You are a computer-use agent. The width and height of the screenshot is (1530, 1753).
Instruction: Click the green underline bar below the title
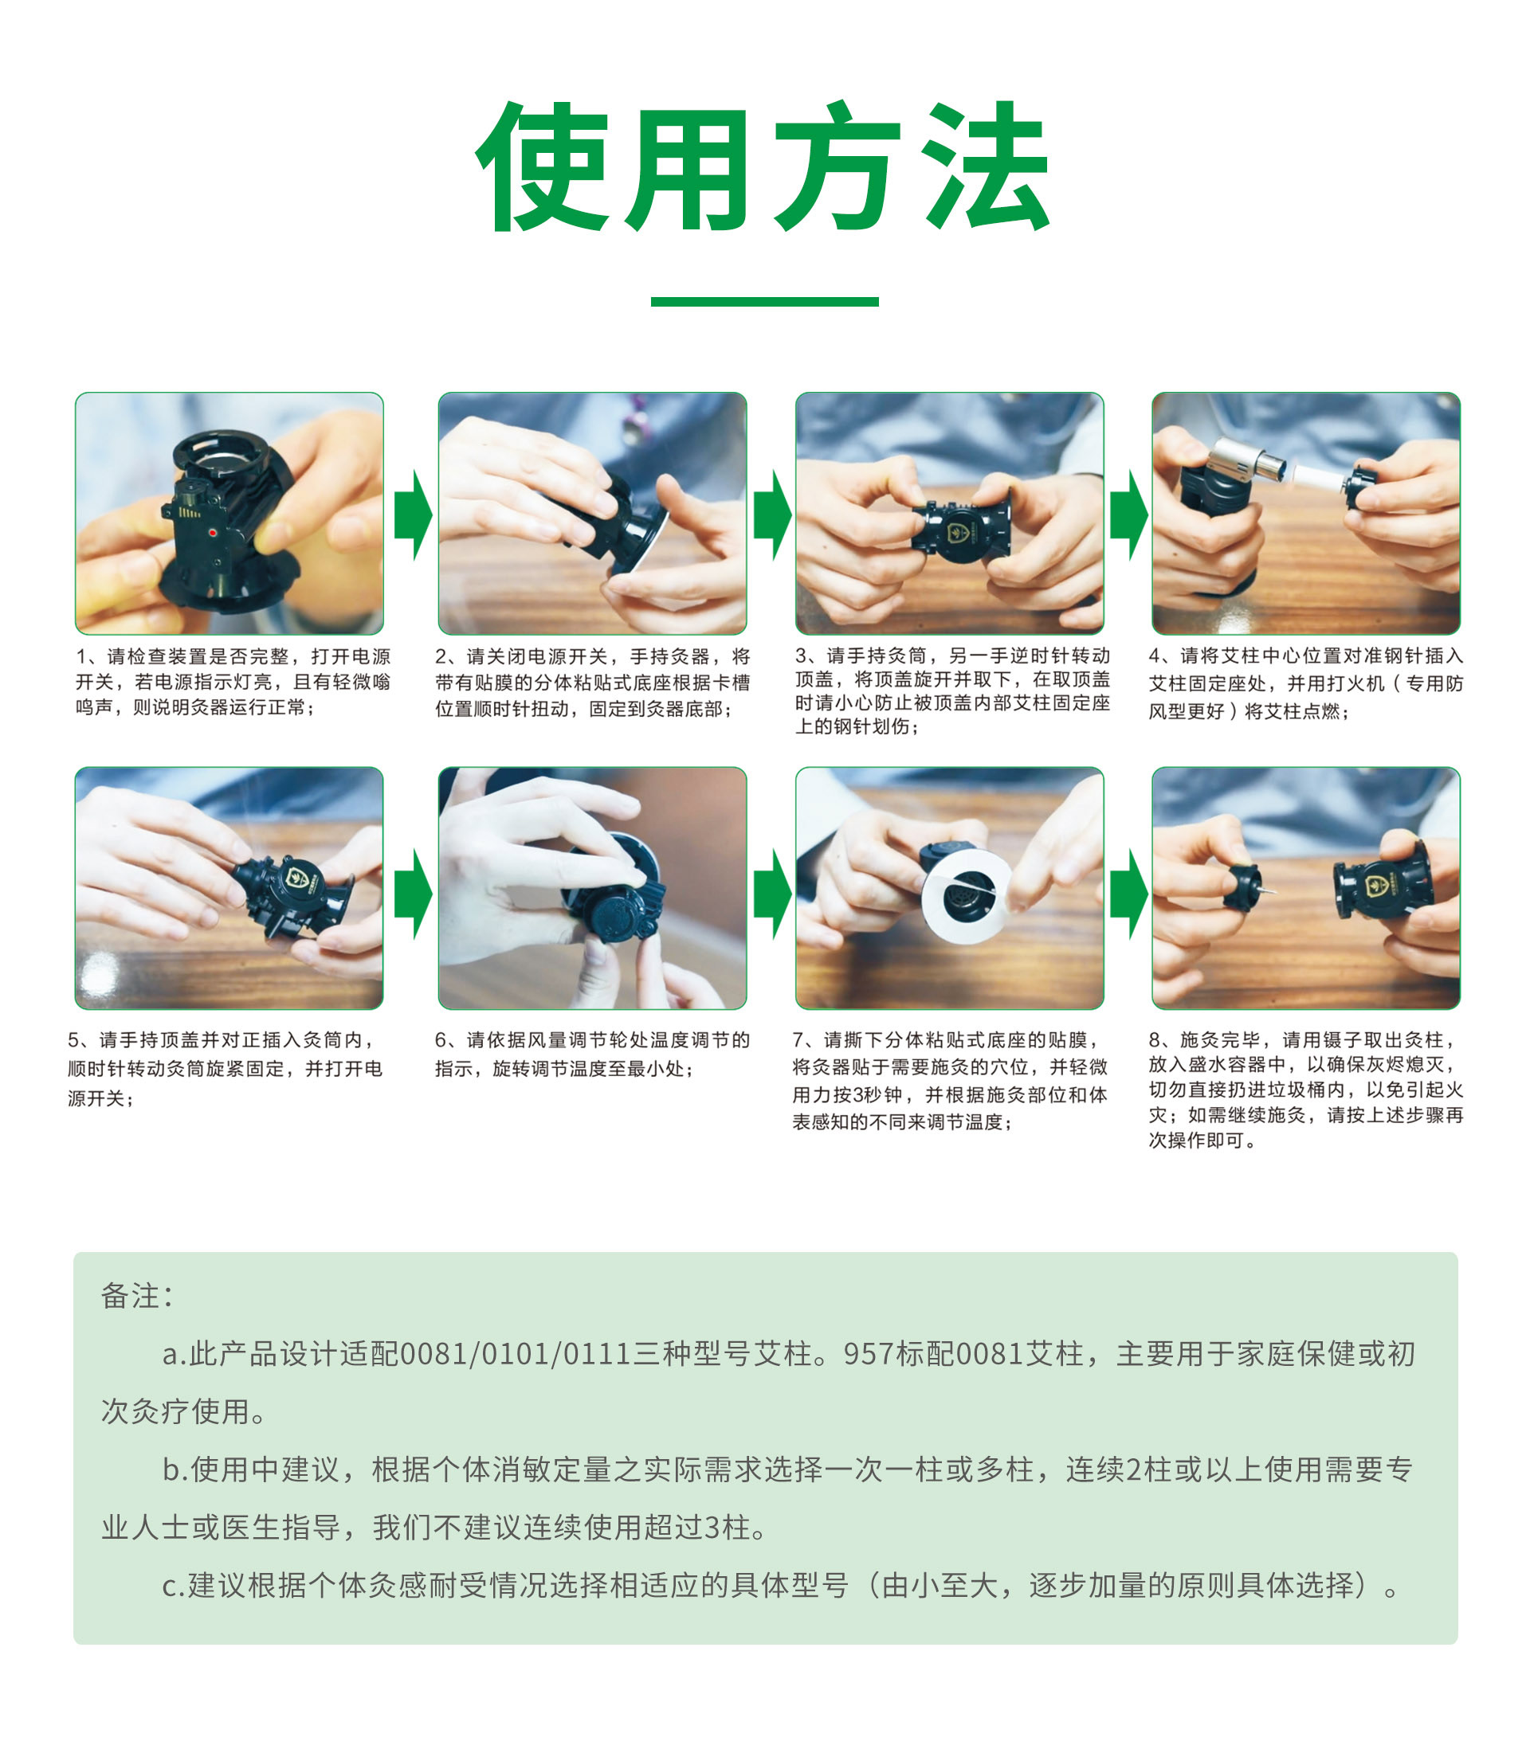764,301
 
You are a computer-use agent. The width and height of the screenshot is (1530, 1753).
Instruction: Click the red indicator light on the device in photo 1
213,533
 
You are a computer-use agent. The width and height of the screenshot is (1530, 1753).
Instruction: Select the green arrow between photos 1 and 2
414,514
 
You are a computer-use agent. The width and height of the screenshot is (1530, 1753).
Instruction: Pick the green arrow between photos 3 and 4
1128,514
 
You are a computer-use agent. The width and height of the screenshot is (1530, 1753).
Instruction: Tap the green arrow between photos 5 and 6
414,894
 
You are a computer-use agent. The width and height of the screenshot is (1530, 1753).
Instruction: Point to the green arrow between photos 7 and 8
1128,894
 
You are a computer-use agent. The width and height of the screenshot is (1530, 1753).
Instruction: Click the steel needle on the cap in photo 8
1268,891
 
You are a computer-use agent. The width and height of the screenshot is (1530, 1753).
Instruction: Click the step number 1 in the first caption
82,656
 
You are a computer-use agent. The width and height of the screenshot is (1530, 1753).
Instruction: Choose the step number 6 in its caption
441,1039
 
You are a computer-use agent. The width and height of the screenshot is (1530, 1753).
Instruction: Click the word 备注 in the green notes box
131,1296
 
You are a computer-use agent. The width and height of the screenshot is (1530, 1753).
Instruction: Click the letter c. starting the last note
174,1585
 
